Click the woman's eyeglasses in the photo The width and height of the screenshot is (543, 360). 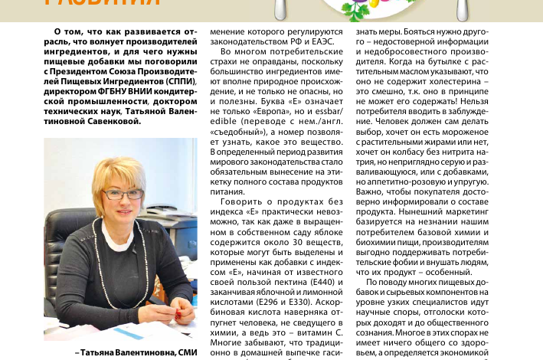(123, 194)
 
